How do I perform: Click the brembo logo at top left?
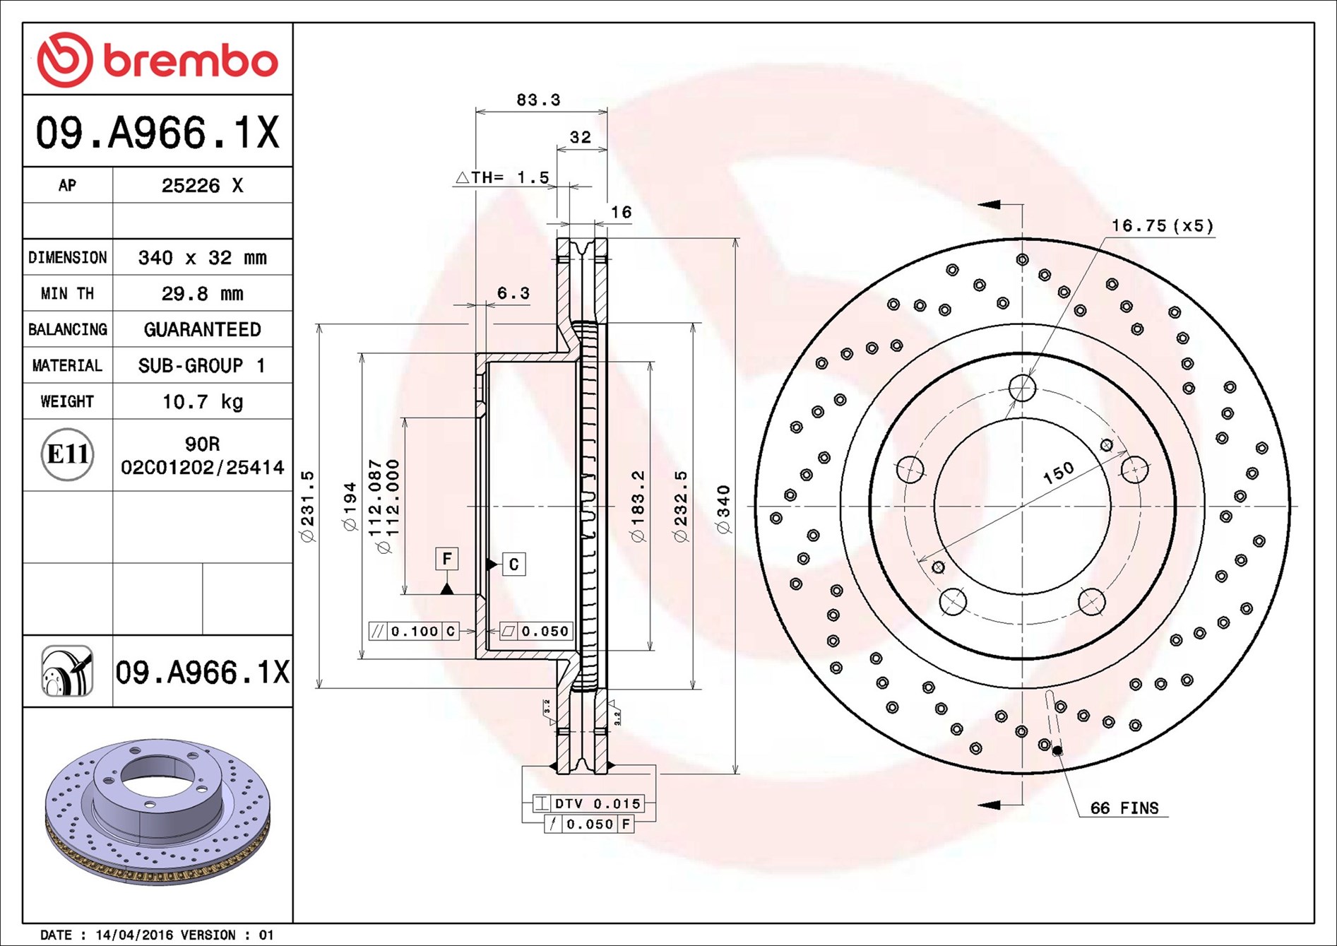tap(157, 60)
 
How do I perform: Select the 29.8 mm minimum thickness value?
tap(202, 293)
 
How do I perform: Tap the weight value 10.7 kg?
tap(202, 401)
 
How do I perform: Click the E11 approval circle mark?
tap(67, 454)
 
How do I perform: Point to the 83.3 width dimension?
tap(538, 100)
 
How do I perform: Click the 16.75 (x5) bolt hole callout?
tap(1162, 226)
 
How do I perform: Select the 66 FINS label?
tap(1124, 808)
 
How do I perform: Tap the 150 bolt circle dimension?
tap(1058, 473)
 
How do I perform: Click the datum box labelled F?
tap(446, 559)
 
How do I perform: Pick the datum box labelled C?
tap(513, 564)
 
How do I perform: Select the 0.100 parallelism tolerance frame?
tap(414, 631)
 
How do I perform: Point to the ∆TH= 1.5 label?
tap(503, 177)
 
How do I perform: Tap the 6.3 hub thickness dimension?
tap(513, 292)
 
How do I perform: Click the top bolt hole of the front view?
tap(1022, 388)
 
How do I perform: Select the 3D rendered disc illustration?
tap(157, 812)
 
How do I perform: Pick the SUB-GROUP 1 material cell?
tap(202, 365)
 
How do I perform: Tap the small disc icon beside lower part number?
tap(67, 671)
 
